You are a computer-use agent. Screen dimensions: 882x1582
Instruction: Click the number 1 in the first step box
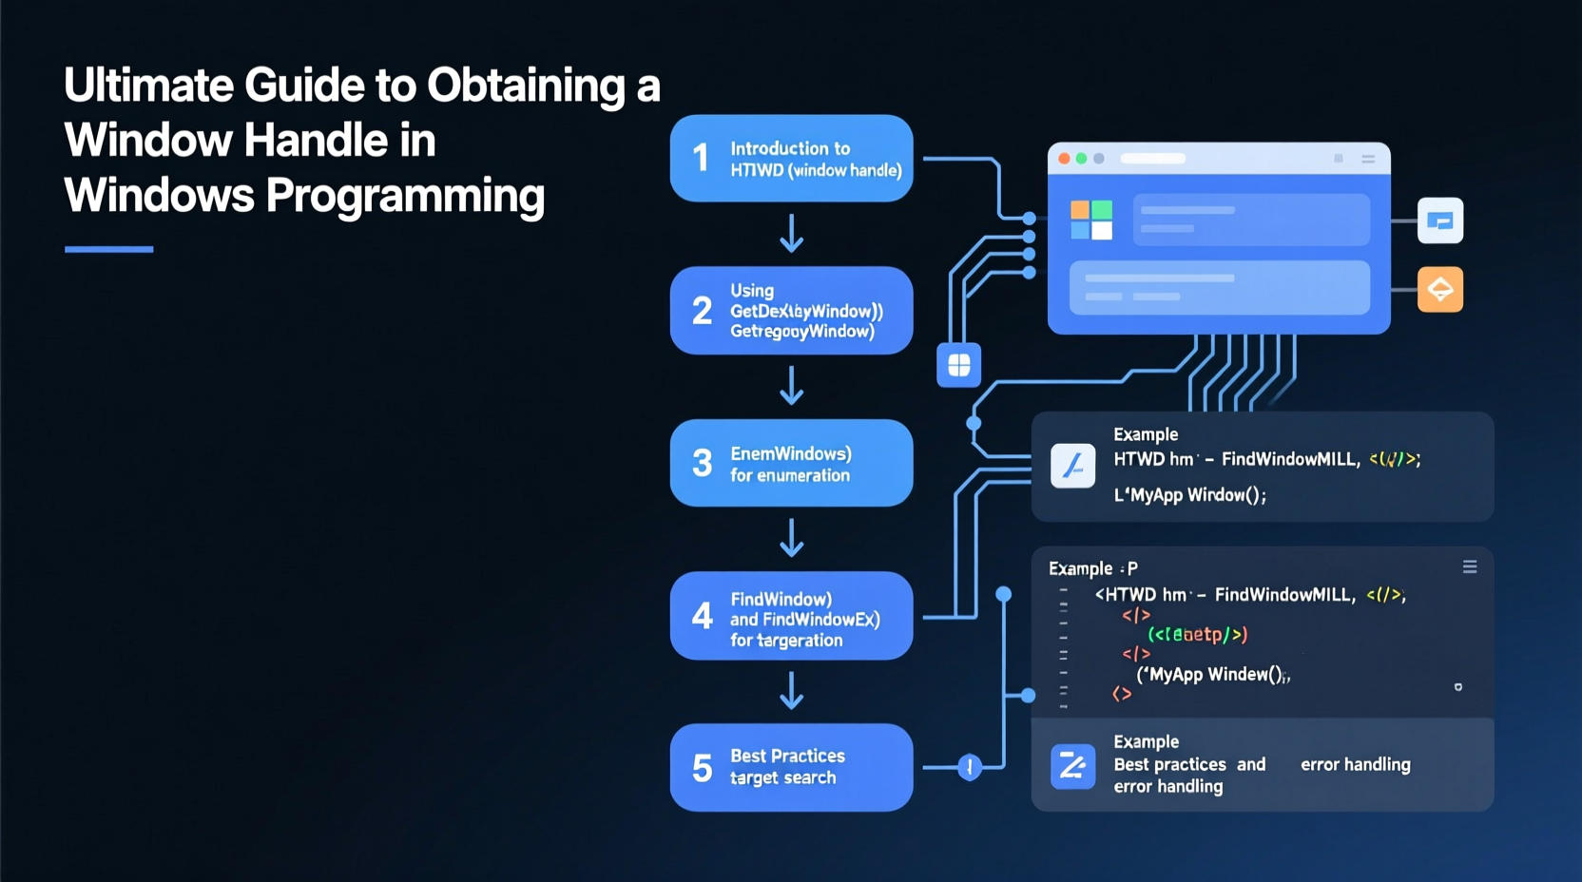coord(701,158)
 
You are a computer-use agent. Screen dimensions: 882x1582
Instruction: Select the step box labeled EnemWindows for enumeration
coord(791,463)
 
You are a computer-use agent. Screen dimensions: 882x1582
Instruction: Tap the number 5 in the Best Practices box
coord(702,768)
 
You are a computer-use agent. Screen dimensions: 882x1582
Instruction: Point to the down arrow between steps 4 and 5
coord(791,691)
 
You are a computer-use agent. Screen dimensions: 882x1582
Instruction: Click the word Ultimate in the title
coord(148,86)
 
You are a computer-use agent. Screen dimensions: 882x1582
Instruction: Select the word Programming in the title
coord(405,196)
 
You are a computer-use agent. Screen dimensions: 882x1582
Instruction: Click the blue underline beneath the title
coord(108,249)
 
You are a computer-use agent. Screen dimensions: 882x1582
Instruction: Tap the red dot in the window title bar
coord(1064,159)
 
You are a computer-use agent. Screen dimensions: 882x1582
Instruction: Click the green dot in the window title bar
coord(1081,159)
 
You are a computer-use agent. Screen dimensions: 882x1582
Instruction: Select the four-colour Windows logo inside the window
coord(1090,220)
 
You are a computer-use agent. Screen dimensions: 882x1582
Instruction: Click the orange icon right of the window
coord(1439,289)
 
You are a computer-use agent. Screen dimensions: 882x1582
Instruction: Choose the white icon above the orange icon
coord(1439,220)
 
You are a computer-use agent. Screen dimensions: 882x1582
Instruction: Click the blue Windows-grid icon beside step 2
coord(958,365)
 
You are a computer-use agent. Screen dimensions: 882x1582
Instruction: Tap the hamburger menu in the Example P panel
coord(1469,567)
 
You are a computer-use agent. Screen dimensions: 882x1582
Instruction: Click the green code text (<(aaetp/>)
coord(1197,635)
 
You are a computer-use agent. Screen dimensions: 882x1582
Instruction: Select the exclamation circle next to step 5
coord(969,767)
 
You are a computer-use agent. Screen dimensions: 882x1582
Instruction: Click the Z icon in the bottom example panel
coord(1072,766)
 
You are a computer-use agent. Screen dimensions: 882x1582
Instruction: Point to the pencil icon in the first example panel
coord(1072,466)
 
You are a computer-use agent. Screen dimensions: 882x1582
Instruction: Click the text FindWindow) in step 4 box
coord(781,600)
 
